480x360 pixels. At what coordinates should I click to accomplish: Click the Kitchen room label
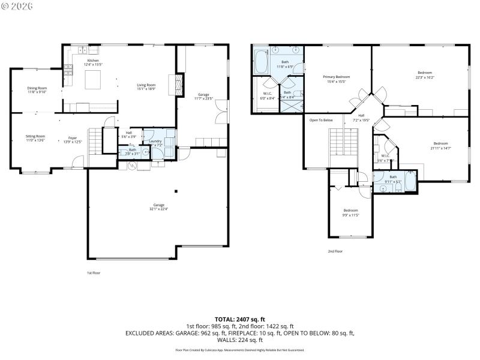click(x=93, y=61)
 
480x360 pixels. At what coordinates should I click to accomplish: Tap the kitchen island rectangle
click(x=93, y=79)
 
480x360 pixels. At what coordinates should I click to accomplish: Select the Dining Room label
click(x=37, y=88)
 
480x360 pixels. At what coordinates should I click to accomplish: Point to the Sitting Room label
click(x=35, y=136)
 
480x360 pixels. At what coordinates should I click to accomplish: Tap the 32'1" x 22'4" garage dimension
click(x=159, y=209)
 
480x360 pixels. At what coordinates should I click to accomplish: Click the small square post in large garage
click(x=176, y=191)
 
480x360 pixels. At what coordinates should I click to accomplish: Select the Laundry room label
click(x=155, y=141)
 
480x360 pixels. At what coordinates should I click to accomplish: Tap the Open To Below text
click(x=321, y=120)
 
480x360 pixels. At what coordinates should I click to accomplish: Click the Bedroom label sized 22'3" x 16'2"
click(x=424, y=73)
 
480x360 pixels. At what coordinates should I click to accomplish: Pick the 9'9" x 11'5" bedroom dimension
click(x=350, y=214)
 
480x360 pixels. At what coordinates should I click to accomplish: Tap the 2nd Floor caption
click(x=335, y=251)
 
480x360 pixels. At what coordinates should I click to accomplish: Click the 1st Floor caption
click(x=93, y=272)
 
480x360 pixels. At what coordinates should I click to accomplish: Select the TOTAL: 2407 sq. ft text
click(x=240, y=319)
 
